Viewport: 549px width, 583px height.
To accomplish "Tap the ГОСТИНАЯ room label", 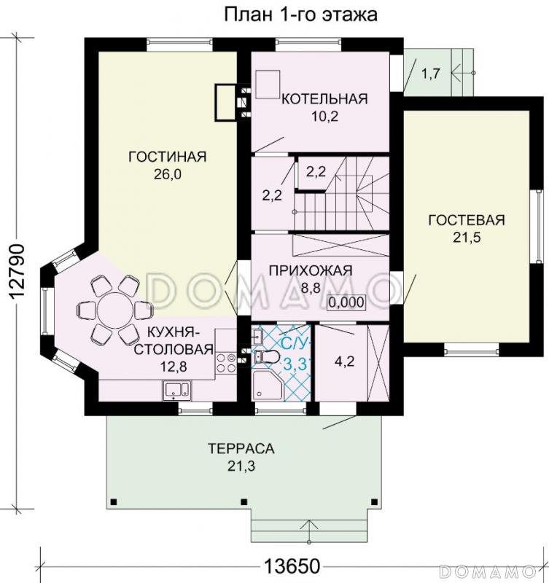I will pyautogui.click(x=168, y=157).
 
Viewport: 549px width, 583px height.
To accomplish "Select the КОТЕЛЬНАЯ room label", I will pyautogui.click(x=324, y=98).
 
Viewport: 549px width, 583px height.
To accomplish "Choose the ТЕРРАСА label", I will pyautogui.click(x=235, y=447).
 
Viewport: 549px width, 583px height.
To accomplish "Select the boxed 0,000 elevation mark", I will pyautogui.click(x=347, y=302).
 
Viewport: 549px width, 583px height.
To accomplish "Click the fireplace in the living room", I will pyautogui.click(x=223, y=102).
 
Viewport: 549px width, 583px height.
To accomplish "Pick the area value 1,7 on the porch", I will pyautogui.click(x=431, y=72).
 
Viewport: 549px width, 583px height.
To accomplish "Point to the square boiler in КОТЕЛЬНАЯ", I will pyautogui.click(x=268, y=82).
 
